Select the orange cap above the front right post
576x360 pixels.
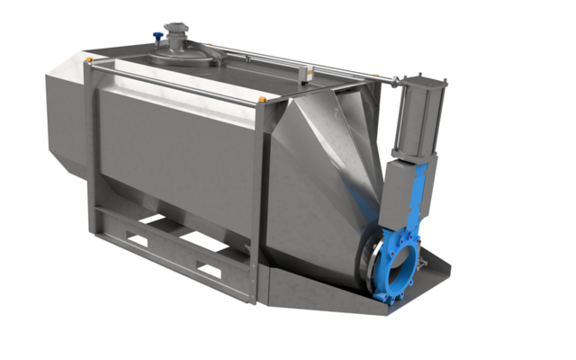[x=262, y=98]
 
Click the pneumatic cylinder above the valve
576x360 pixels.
[x=416, y=117]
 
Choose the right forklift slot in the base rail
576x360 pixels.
[x=210, y=269]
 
